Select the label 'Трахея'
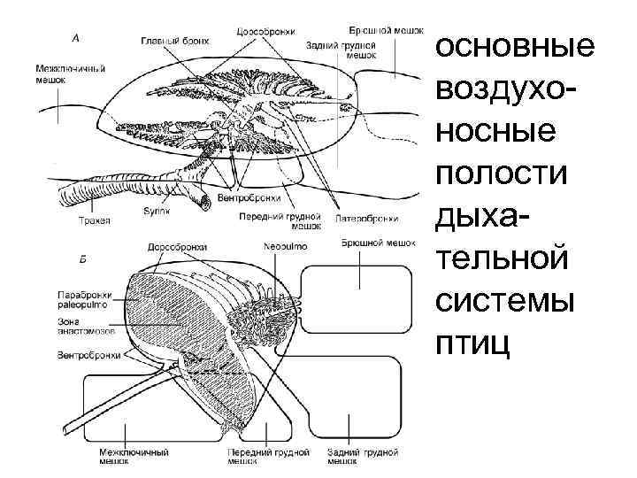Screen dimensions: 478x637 click(93, 220)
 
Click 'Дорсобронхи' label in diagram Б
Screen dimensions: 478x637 click(177, 247)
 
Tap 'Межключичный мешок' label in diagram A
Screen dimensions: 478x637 click(72, 73)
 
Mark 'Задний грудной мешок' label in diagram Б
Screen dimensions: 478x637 click(363, 456)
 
